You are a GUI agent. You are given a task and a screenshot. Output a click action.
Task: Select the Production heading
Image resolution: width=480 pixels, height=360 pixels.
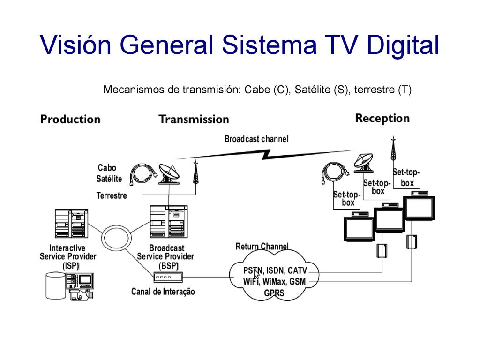pos(70,120)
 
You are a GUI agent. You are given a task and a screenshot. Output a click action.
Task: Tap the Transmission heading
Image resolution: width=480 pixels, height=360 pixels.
pos(194,120)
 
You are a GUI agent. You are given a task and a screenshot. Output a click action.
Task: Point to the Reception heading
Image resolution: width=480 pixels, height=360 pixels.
pos(382,119)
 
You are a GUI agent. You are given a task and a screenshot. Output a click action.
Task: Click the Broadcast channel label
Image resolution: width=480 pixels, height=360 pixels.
pos(256,139)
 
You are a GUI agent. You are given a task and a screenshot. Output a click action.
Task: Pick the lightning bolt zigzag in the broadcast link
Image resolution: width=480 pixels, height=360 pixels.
pos(266,155)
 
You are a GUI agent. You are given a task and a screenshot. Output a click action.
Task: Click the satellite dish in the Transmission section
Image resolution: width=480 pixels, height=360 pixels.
pos(169,174)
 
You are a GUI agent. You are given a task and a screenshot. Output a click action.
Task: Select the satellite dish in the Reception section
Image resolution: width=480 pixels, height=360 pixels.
pos(363,163)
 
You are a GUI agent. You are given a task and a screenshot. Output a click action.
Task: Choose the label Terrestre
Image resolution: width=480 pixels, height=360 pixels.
pos(112,195)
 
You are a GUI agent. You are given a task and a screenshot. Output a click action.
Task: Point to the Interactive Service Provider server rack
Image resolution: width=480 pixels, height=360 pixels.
pos(71,224)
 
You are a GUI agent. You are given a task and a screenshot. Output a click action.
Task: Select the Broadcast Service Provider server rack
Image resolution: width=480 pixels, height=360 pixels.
pos(169,222)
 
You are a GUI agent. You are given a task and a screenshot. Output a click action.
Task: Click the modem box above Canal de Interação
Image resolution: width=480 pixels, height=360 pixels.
pos(168,277)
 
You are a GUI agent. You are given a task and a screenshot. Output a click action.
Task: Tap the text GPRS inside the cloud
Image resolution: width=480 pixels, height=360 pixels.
pos(274,293)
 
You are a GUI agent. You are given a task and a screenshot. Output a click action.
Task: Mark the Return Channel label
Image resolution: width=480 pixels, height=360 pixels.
pos(262,247)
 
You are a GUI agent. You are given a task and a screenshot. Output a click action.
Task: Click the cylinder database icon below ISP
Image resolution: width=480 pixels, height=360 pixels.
pos(55,285)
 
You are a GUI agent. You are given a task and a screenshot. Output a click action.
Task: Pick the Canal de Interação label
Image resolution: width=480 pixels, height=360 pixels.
pos(163,292)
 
